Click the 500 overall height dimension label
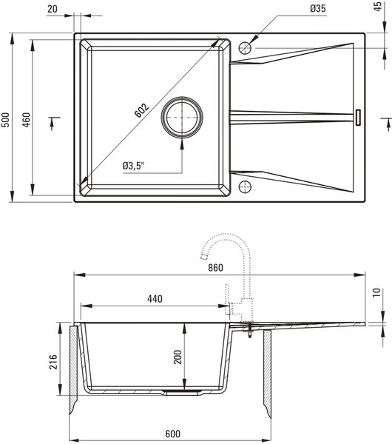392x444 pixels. (x=6, y=120)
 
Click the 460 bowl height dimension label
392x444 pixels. (x=26, y=120)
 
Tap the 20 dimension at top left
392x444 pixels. (x=52, y=9)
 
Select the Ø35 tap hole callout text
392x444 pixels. (x=318, y=8)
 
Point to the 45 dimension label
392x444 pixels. (x=379, y=7)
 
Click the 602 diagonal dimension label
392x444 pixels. (x=141, y=110)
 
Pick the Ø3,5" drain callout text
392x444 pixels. (x=133, y=166)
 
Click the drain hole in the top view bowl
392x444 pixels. (x=182, y=117)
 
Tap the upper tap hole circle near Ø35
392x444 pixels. (x=245, y=48)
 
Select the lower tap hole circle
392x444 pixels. (x=245, y=187)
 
